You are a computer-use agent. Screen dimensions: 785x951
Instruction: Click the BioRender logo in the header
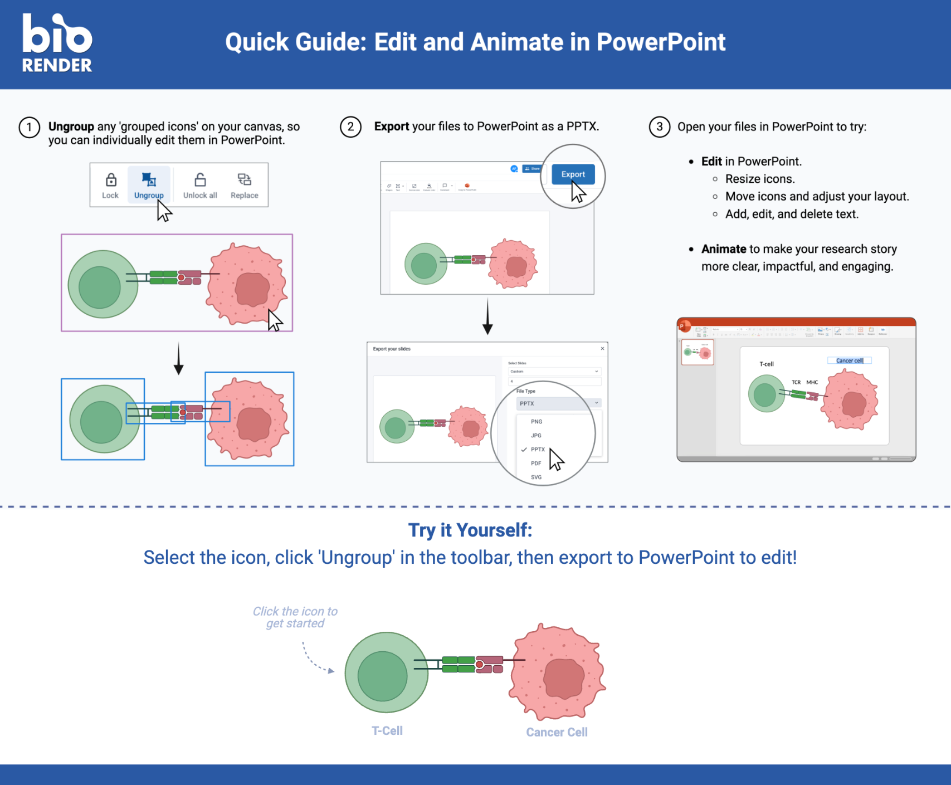(x=57, y=43)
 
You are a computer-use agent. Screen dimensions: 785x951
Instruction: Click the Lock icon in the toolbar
(x=110, y=186)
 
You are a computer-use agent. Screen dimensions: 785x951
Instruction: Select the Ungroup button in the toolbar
(x=149, y=186)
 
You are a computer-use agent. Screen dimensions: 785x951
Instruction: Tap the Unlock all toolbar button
(x=200, y=186)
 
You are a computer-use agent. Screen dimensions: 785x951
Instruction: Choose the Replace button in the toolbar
(x=244, y=186)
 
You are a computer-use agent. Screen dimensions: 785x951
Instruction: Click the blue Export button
(x=573, y=174)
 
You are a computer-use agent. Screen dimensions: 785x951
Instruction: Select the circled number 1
(x=29, y=128)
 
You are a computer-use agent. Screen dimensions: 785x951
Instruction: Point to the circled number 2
(x=350, y=127)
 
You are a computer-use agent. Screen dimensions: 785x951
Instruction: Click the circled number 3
(x=659, y=127)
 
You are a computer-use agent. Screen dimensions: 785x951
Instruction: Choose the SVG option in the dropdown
(x=536, y=477)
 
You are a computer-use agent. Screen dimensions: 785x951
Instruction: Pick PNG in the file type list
(x=536, y=422)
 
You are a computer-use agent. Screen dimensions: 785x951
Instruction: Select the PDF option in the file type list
(x=536, y=463)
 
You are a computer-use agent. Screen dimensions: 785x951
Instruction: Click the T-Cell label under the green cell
(x=387, y=730)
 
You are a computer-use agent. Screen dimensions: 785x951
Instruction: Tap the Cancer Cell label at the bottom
(x=557, y=732)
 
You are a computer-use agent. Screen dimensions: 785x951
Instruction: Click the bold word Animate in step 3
(x=723, y=249)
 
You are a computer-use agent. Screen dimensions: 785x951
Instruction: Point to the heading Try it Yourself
(x=470, y=530)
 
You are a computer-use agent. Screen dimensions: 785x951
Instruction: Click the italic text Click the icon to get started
(x=295, y=617)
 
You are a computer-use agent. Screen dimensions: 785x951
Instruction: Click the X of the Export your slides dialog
(x=602, y=349)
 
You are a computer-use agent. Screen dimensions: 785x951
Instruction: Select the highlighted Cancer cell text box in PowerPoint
(x=849, y=360)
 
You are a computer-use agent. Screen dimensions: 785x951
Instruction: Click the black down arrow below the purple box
(x=178, y=359)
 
